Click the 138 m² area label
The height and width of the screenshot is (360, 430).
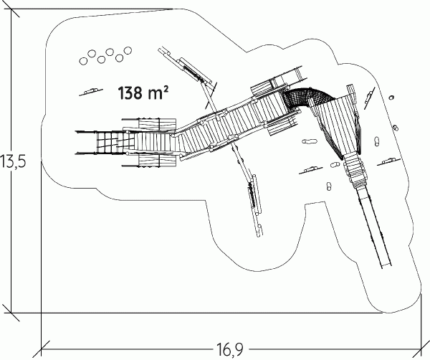pyautogui.click(x=143, y=93)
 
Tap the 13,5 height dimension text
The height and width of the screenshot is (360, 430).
pyautogui.click(x=13, y=161)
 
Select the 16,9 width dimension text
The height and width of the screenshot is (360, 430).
pyautogui.click(x=229, y=349)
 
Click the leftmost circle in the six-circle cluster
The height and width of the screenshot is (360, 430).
pyautogui.click(x=83, y=61)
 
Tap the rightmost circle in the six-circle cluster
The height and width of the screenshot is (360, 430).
pyautogui.click(x=128, y=50)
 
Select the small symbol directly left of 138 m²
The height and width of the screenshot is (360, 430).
pyautogui.click(x=91, y=91)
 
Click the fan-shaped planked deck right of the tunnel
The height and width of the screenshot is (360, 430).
pyautogui.click(x=338, y=123)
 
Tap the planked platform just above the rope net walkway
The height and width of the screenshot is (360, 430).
pyautogui.click(x=157, y=123)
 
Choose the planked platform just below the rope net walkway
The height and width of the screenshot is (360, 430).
pyautogui.click(x=157, y=160)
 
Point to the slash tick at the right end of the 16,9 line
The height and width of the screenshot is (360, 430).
pyautogui.click(x=421, y=349)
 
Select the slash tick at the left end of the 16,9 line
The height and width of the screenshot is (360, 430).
pyautogui.click(x=41, y=349)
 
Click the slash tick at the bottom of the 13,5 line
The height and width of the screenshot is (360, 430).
pyautogui.click(x=11, y=313)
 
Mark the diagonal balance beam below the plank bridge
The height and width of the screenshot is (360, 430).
pyautogui.click(x=248, y=189)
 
